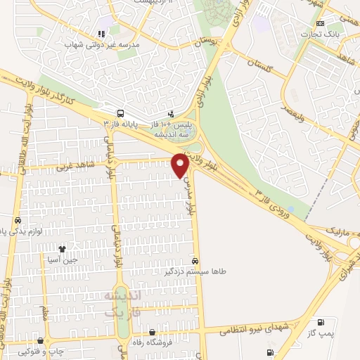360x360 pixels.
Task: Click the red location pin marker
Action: click(179, 164)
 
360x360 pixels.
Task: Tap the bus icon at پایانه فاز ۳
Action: click(121, 112)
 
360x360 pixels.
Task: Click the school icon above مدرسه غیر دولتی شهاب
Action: click(103, 33)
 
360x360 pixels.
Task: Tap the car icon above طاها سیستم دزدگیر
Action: click(204, 259)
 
